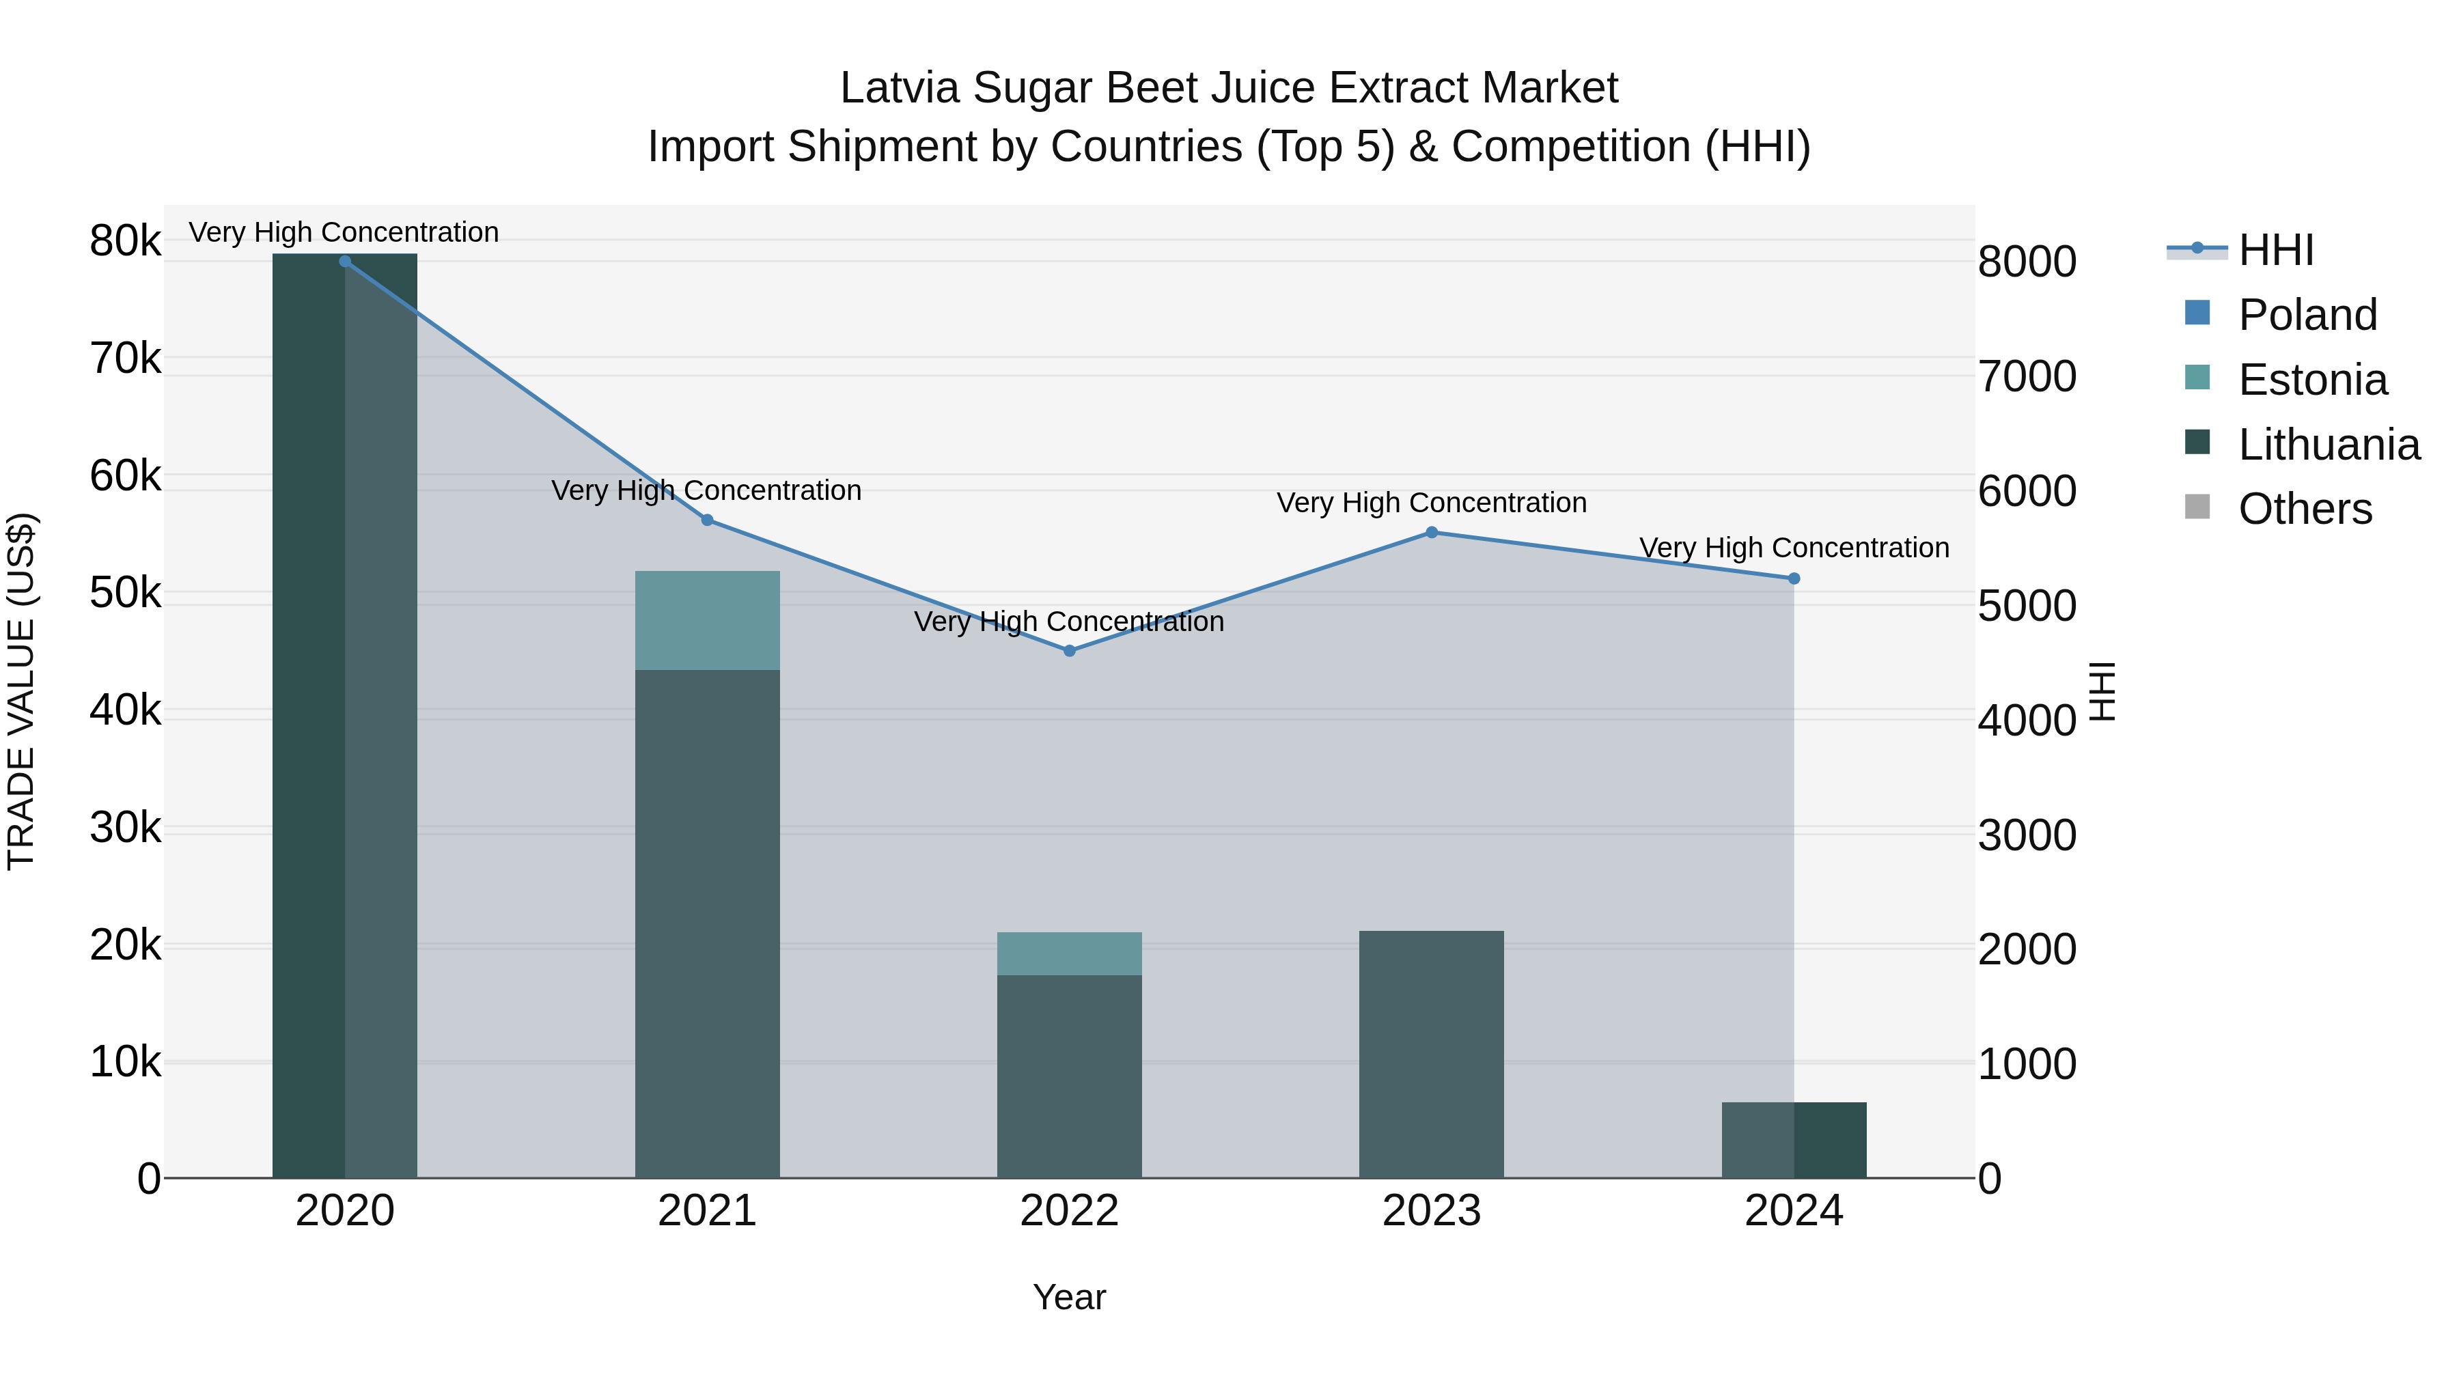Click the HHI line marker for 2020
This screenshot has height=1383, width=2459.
(x=345, y=262)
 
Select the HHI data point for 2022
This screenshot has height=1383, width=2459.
(x=1069, y=651)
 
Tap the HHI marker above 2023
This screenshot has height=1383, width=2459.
(x=1431, y=533)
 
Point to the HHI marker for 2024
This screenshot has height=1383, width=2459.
(x=1794, y=578)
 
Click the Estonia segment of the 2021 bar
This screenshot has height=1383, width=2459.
(x=708, y=620)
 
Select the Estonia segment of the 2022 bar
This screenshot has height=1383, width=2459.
(x=1069, y=953)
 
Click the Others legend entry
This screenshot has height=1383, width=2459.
(x=2305, y=509)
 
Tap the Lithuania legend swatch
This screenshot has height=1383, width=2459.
(x=2197, y=443)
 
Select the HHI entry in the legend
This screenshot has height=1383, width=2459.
(x=2276, y=250)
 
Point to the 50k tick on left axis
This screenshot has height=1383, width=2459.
(x=125, y=593)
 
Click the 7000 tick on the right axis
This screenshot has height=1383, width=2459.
(x=2027, y=377)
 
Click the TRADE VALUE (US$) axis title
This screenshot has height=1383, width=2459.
(x=21, y=691)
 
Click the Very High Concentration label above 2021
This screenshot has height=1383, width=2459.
(x=706, y=490)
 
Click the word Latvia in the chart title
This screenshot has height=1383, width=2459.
(x=898, y=89)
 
